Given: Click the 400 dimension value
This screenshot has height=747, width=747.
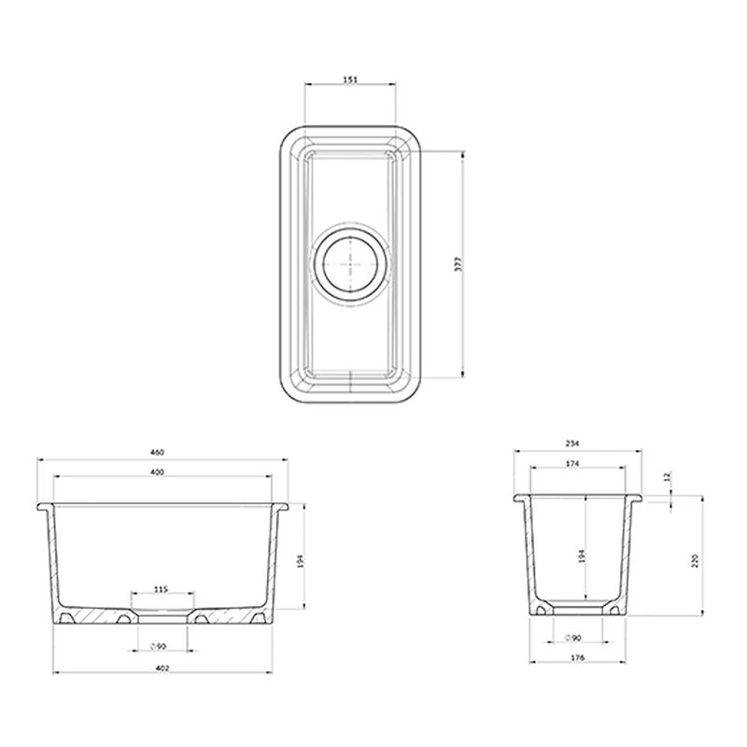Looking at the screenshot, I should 157,473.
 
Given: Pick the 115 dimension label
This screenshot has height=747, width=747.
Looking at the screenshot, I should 161,589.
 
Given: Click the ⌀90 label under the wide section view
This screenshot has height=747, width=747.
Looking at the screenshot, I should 158,646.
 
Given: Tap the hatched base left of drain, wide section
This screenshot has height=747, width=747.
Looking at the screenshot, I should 93,617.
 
